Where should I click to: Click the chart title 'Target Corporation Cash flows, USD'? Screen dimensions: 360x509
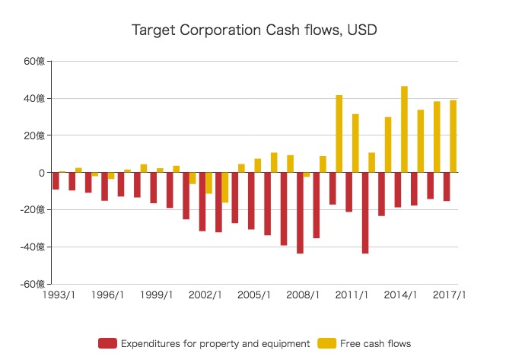click(x=254, y=30)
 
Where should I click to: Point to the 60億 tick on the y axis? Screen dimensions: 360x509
click(x=35, y=62)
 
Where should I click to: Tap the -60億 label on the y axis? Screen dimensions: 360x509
click(x=33, y=284)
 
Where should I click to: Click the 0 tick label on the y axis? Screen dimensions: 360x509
click(x=42, y=173)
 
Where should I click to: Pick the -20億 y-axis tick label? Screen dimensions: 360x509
click(x=33, y=210)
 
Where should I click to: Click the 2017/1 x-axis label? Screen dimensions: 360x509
click(x=449, y=295)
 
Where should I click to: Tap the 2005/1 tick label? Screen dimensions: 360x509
click(x=254, y=295)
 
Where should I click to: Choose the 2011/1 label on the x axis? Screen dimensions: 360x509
click(x=352, y=295)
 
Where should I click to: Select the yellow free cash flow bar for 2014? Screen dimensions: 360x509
click(x=404, y=129)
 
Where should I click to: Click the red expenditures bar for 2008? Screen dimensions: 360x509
click(x=300, y=213)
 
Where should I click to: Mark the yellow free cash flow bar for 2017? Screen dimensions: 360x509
click(x=453, y=136)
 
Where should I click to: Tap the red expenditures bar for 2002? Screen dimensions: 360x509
click(x=202, y=202)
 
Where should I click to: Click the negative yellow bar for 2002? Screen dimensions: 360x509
click(x=209, y=183)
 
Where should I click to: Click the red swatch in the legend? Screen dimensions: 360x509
click(x=107, y=343)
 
